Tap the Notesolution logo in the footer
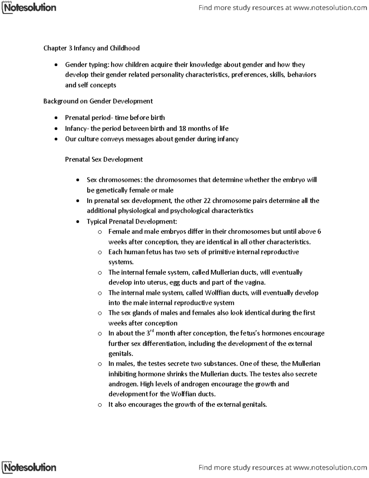[29, 468]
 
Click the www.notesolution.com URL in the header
[330, 8]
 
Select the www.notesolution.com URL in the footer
[330, 468]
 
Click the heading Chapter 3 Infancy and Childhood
[91, 48]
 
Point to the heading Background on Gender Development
[98, 101]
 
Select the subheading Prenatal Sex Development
[104, 159]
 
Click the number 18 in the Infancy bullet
[182, 128]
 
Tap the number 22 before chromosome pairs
[207, 201]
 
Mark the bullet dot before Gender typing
[55, 65]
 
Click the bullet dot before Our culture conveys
[55, 139]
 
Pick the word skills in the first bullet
[277, 75]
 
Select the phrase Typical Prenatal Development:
[132, 222]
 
